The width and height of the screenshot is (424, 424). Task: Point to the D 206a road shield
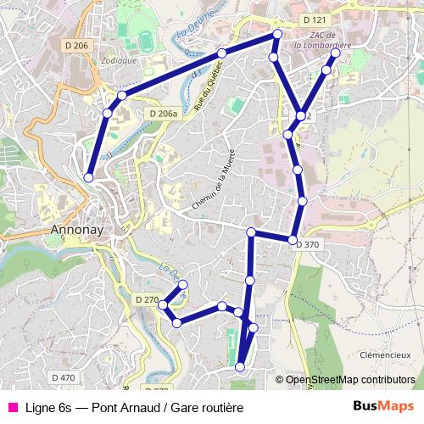coord(163,113)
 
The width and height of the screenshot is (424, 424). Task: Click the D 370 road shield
coord(308,244)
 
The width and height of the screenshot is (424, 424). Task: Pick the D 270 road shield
coord(147,299)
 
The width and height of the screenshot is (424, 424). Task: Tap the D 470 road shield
coord(63,377)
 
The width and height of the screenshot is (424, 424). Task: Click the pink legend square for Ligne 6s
coord(12,407)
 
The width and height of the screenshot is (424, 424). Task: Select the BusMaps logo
coord(383,407)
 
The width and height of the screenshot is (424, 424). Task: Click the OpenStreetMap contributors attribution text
coord(349,380)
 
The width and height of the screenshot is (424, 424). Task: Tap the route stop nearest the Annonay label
coord(89,177)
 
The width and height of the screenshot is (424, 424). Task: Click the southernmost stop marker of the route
coord(240,366)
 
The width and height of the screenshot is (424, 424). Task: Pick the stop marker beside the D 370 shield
coord(293,239)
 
